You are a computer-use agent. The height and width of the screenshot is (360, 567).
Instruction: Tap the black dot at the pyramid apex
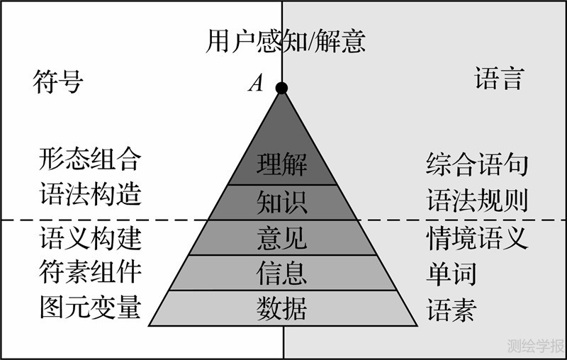(x=281, y=88)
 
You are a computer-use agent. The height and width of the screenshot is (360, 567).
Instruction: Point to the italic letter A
(x=255, y=84)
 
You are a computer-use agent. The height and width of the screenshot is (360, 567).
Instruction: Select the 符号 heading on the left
(x=58, y=82)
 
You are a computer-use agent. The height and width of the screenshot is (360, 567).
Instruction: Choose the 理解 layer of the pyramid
(x=282, y=165)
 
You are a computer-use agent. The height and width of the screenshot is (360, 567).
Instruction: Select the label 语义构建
(x=90, y=238)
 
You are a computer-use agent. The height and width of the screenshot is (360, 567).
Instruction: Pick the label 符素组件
(x=90, y=273)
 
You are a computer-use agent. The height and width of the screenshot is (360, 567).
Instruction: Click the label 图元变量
(x=90, y=308)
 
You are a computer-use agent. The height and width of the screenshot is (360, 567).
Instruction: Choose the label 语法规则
(x=477, y=201)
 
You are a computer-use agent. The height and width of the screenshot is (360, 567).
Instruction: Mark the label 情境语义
(x=477, y=238)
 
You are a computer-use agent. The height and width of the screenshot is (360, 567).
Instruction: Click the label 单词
(x=451, y=274)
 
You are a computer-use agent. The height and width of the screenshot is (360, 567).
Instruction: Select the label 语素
(x=451, y=310)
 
